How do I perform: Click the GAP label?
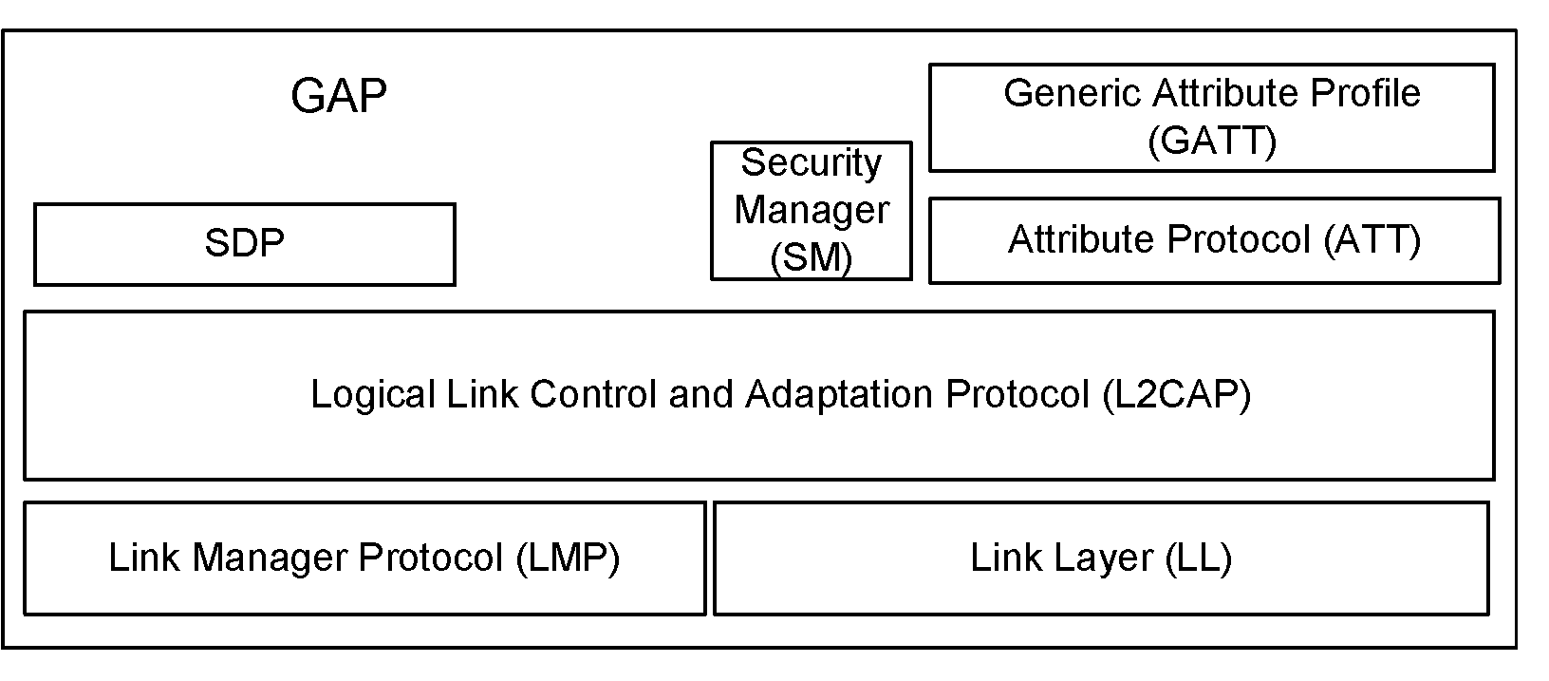point(339,97)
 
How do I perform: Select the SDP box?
point(244,244)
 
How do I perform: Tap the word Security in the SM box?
point(812,163)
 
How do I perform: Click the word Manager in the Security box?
point(812,210)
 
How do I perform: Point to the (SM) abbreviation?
point(812,257)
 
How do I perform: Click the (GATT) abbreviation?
point(1211,142)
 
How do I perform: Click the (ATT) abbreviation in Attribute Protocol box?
point(1372,239)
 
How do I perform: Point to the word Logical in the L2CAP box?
point(373,394)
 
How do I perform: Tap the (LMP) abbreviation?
point(568,558)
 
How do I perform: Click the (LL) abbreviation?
point(1197,558)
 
